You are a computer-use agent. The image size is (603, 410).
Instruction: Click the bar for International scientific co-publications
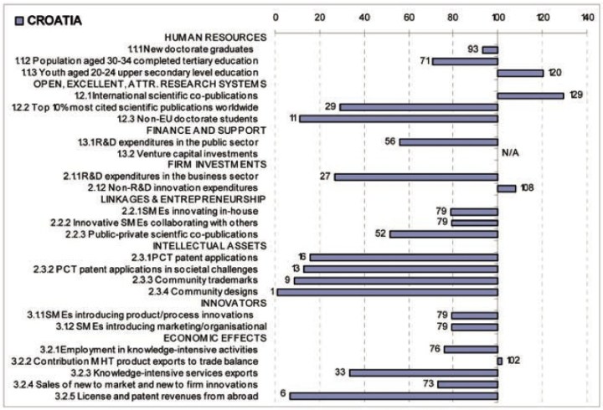[530, 95]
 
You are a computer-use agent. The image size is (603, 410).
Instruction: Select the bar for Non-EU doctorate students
[399, 119]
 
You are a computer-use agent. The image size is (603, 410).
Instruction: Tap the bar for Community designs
[387, 291]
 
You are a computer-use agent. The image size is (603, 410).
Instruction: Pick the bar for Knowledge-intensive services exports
[423, 372]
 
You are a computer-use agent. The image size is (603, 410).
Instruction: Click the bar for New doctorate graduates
[489, 49]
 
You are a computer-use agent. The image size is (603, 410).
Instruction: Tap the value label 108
[529, 188]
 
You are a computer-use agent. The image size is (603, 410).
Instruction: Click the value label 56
[389, 142]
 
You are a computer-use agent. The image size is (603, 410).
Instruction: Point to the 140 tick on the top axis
[585, 18]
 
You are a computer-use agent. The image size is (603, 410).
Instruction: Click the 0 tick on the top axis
[276, 18]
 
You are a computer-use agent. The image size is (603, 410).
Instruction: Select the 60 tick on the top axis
[409, 18]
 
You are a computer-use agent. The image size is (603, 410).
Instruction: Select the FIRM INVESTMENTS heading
[214, 165]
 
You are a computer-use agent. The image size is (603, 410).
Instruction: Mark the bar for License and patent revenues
[393, 395]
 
